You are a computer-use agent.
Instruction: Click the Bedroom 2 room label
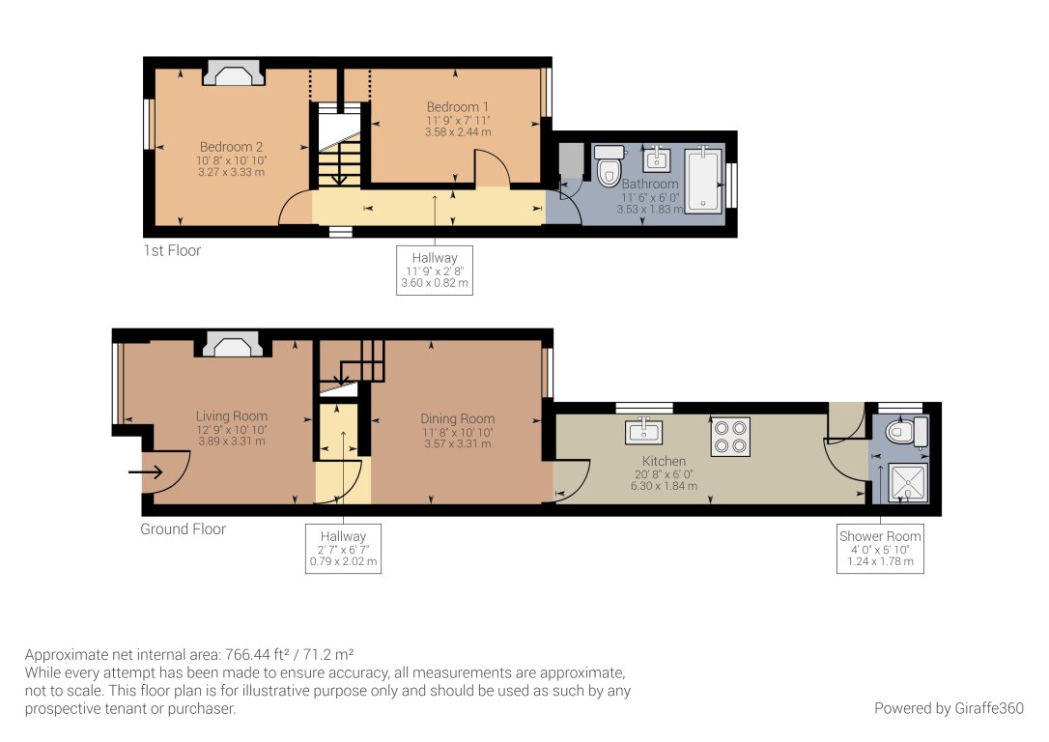pyautogui.click(x=232, y=147)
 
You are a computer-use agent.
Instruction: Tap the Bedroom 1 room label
pyautogui.click(x=458, y=106)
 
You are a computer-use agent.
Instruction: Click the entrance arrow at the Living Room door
pyautogui.click(x=145, y=472)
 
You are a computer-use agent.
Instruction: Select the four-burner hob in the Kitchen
pyautogui.click(x=731, y=435)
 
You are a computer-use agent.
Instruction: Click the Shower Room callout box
pyautogui.click(x=880, y=549)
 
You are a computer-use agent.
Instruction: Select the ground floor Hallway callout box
pyautogui.click(x=344, y=549)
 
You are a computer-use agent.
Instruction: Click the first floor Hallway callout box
pyautogui.click(x=435, y=271)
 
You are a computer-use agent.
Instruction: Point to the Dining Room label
pyautogui.click(x=458, y=418)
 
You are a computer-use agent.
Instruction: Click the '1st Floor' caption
pyautogui.click(x=172, y=250)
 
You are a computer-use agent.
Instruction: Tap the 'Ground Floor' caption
pyautogui.click(x=184, y=529)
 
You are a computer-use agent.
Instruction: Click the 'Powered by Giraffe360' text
pyautogui.click(x=949, y=708)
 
